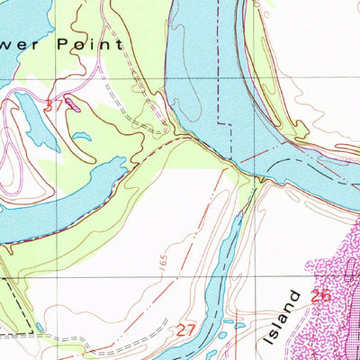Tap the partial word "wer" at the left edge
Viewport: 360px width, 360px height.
(12, 42)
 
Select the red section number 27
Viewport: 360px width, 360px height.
(185, 329)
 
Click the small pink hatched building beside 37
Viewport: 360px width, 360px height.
(77, 105)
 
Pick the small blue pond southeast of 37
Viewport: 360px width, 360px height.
(83, 137)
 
